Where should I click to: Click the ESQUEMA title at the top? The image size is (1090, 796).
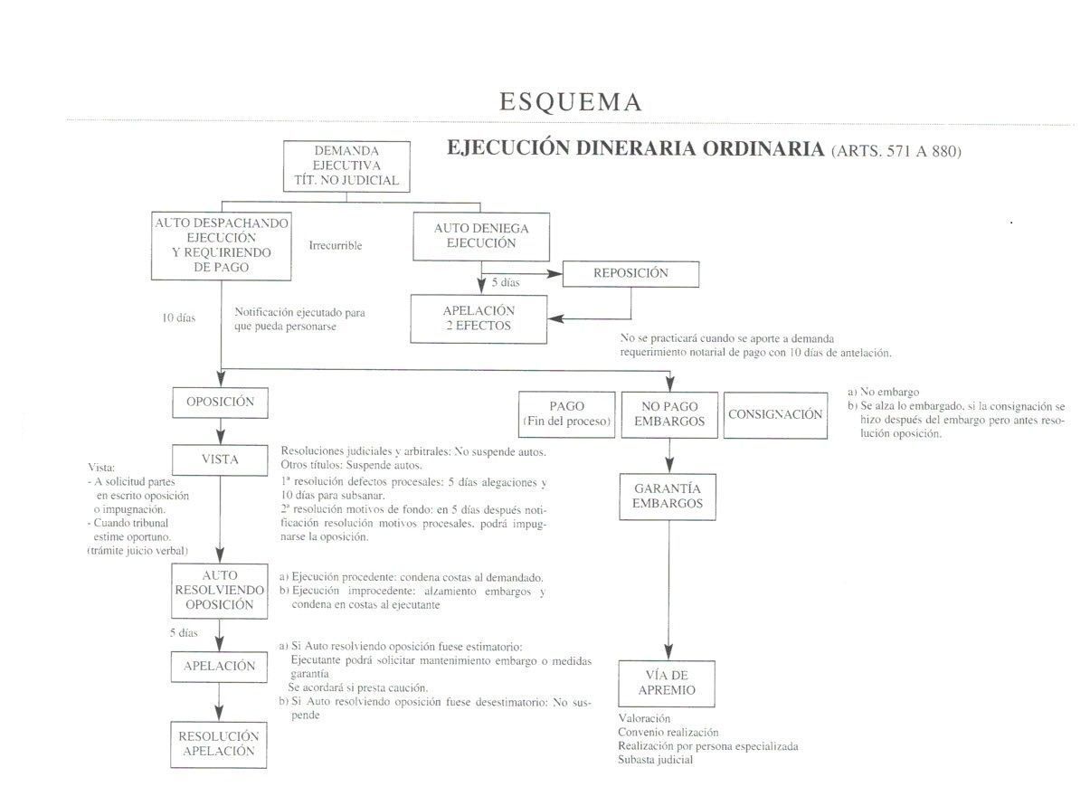tap(570, 101)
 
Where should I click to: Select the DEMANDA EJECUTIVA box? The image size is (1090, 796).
tap(346, 166)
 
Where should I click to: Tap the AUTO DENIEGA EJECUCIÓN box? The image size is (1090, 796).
tap(481, 236)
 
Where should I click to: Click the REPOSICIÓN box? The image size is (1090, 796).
tap(630, 274)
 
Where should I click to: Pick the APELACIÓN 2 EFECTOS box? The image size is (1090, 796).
tap(479, 319)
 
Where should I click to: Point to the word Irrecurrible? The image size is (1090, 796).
tap(336, 246)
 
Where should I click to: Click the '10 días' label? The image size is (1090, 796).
tap(178, 317)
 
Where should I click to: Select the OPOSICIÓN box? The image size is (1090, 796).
tap(220, 403)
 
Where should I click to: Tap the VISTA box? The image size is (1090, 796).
tap(220, 460)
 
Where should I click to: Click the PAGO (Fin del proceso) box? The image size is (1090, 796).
tap(567, 414)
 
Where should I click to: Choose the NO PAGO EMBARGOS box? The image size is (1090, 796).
tap(669, 414)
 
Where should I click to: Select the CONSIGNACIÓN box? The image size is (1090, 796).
tap(775, 415)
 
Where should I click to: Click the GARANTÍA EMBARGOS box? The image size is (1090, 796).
tap(668, 497)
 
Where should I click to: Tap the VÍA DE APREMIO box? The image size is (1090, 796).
tap(667, 683)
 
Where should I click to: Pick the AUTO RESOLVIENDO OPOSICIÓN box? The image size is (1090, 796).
tap(220, 591)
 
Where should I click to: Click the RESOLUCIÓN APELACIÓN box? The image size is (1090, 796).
tap(219, 744)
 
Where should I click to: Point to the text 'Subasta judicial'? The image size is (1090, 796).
tap(655, 760)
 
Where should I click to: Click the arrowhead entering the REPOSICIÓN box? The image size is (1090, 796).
tap(555, 274)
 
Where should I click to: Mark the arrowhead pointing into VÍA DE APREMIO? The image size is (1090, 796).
tap(668, 652)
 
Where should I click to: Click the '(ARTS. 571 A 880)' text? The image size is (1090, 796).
tap(896, 151)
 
